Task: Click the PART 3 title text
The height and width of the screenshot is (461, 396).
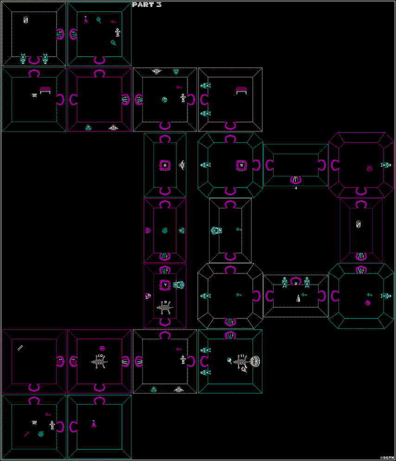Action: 147,5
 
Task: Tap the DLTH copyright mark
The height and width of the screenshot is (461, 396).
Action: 387,457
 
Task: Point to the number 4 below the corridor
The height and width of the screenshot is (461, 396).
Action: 296,188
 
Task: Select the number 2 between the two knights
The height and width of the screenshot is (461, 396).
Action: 296,283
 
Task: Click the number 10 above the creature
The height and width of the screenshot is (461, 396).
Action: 100,356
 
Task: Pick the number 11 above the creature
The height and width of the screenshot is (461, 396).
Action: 242,356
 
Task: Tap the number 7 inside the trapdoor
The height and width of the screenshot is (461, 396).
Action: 165,285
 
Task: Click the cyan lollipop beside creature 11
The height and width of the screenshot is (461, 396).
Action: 230,361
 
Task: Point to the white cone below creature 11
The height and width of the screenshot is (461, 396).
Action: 244,370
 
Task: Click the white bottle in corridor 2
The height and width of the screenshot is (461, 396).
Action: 298,299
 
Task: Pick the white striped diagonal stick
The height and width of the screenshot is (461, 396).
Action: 20,347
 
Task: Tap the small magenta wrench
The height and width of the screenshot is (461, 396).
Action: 27,434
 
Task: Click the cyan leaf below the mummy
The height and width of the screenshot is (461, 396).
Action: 114,43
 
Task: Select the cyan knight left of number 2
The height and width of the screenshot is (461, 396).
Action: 285,282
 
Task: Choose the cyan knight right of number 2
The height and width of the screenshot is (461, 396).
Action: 307,282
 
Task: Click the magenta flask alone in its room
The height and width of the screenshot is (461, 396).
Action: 94,423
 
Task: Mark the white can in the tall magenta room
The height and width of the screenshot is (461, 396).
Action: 358,224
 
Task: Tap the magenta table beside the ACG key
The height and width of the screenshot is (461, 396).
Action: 45,90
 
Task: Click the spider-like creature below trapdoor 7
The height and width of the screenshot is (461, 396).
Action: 165,308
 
